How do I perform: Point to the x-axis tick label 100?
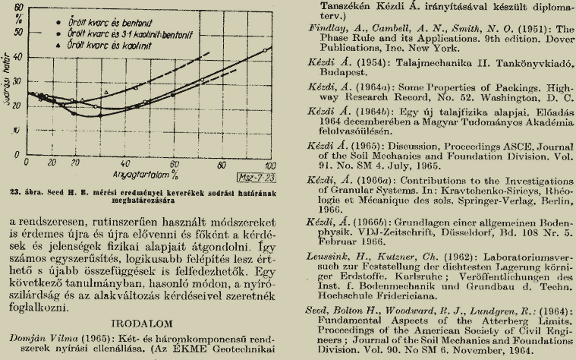[x=267, y=166]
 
